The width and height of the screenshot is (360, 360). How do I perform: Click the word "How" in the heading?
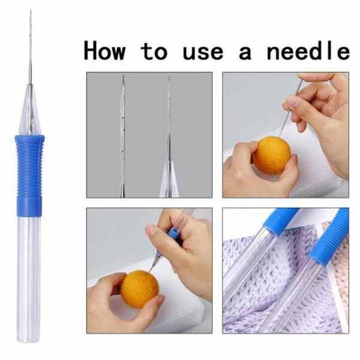click(104, 51)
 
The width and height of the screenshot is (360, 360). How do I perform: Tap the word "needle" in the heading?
click(308, 51)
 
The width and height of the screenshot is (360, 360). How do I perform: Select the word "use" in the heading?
click(203, 53)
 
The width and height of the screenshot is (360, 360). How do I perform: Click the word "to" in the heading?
click(154, 52)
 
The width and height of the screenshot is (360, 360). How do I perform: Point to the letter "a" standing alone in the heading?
click(245, 53)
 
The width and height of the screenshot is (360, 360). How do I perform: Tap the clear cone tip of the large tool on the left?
click(30, 110)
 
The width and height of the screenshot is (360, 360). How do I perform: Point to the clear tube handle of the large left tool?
click(29, 279)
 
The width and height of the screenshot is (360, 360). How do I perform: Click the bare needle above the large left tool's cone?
click(31, 47)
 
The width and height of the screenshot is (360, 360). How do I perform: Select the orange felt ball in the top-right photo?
click(272, 155)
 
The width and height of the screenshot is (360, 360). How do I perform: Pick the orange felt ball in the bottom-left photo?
click(140, 289)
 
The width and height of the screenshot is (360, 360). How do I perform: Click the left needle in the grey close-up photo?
click(122, 136)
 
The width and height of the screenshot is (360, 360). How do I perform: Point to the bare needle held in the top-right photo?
click(290, 107)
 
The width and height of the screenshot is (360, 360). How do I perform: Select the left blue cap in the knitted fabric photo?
click(281, 221)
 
